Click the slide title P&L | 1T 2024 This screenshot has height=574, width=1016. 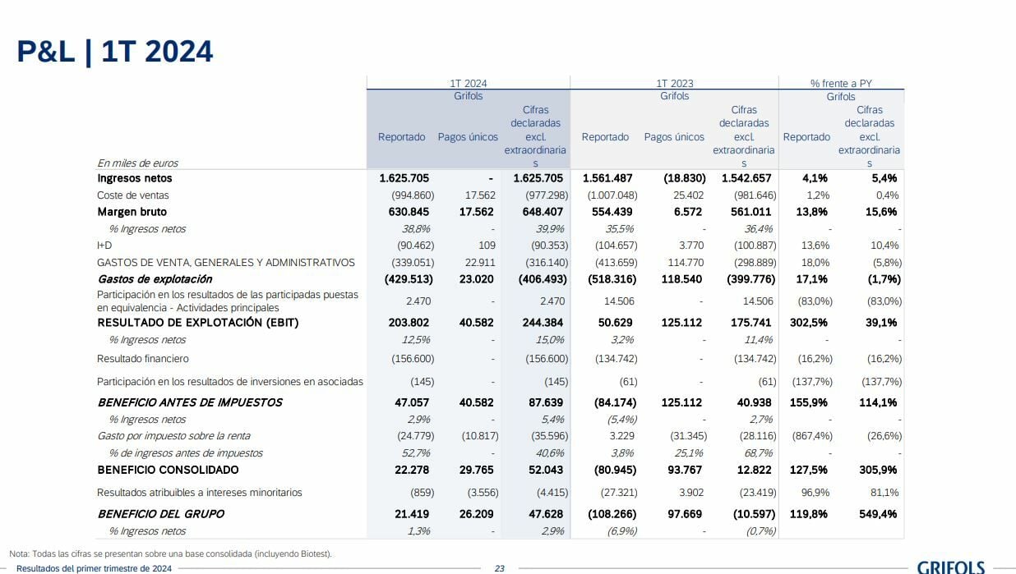pyautogui.click(x=115, y=52)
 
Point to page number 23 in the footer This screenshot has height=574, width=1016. pyautogui.click(x=499, y=568)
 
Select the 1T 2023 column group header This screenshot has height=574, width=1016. pyautogui.click(x=674, y=83)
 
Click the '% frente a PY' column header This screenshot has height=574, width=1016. pyautogui.click(x=841, y=83)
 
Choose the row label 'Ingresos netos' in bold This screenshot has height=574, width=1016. pyautogui.click(x=135, y=178)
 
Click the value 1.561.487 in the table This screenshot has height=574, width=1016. pyautogui.click(x=607, y=178)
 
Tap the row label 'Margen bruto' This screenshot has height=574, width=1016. pyautogui.click(x=132, y=212)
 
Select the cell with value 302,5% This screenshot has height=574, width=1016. pyautogui.click(x=808, y=323)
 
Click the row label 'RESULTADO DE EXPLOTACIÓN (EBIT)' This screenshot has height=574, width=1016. pyautogui.click(x=198, y=323)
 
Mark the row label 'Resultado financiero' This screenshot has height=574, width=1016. pyautogui.click(x=143, y=359)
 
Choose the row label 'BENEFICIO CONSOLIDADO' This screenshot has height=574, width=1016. pyautogui.click(x=168, y=470)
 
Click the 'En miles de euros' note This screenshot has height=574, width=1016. pyautogui.click(x=137, y=163)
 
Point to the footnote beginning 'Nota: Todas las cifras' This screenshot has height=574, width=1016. pyautogui.click(x=170, y=553)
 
